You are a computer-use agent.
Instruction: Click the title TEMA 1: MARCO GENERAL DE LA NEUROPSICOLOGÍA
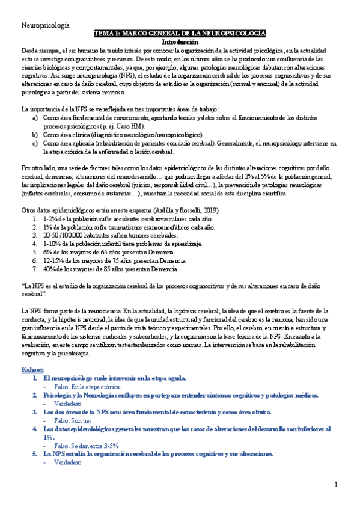coord(180,35)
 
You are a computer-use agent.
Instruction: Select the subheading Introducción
coord(180,43)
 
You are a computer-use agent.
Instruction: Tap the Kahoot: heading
coord(33,369)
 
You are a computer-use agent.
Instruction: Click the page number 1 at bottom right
coord(337,485)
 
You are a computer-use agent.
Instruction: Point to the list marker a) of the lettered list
coord(35,119)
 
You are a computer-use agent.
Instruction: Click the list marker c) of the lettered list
coord(35,144)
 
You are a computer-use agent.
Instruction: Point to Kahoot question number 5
coord(35,454)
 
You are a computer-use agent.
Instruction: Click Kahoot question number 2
coord(35,395)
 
